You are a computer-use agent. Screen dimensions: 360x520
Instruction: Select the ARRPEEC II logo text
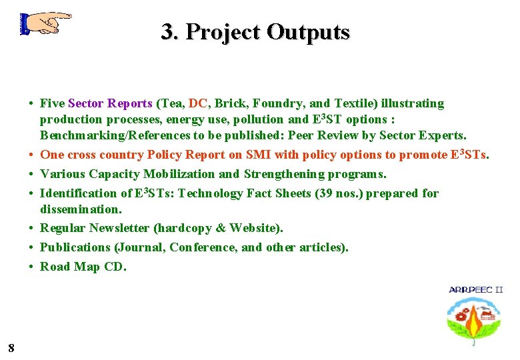point(476,289)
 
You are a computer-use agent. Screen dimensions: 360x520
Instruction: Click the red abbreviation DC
point(197,103)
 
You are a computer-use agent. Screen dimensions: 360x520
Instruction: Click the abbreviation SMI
point(258,155)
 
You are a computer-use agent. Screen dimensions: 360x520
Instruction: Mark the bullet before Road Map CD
point(31,267)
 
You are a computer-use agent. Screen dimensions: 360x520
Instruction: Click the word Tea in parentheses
point(170,103)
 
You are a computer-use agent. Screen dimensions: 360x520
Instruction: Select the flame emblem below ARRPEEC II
point(475,321)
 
